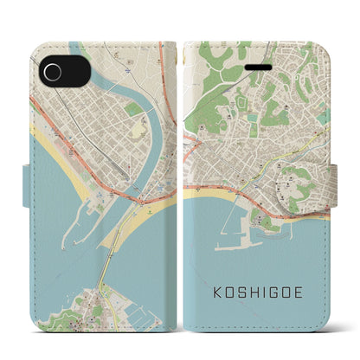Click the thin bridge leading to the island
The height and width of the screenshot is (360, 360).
coord(107,260)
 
